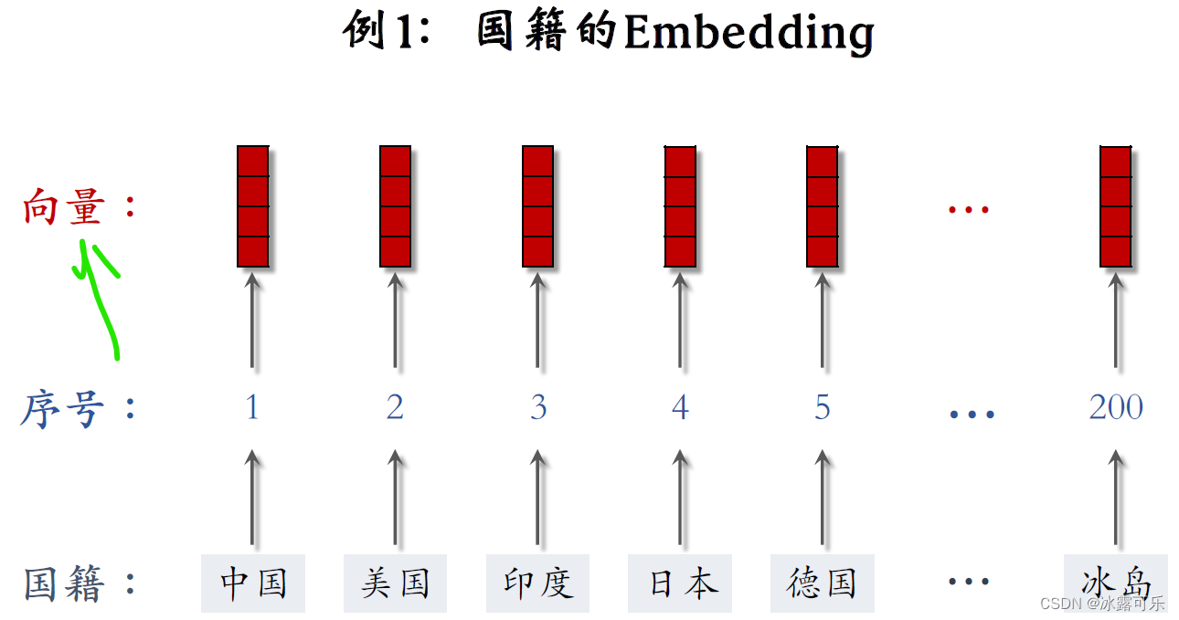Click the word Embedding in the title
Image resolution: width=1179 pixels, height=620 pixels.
pyautogui.click(x=749, y=34)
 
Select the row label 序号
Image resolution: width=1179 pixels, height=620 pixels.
pyautogui.click(x=61, y=408)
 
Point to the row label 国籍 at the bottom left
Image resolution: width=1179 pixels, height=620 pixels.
pyautogui.click(x=64, y=583)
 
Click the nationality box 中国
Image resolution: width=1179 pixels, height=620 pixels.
pyautogui.click(x=253, y=583)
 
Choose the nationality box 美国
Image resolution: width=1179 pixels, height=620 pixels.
pyautogui.click(x=395, y=583)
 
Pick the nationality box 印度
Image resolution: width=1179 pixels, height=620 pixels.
pyautogui.click(x=537, y=583)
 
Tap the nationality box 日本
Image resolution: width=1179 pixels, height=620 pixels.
pyautogui.click(x=680, y=583)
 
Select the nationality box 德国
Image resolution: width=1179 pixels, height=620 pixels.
pyautogui.click(x=822, y=583)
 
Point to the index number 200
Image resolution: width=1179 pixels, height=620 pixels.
pyautogui.click(x=1116, y=407)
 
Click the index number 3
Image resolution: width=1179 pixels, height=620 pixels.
pyautogui.click(x=537, y=407)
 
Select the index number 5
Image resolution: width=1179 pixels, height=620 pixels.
pyautogui.click(x=823, y=407)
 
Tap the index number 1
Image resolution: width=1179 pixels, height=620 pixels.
pyautogui.click(x=253, y=407)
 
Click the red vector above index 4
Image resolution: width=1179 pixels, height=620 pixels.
pyautogui.click(x=680, y=206)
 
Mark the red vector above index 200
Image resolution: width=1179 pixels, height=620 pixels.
pyautogui.click(x=1116, y=206)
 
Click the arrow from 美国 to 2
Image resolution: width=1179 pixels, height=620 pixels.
pyautogui.click(x=395, y=498)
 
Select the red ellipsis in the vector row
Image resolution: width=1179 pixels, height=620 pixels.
pyautogui.click(x=969, y=210)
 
